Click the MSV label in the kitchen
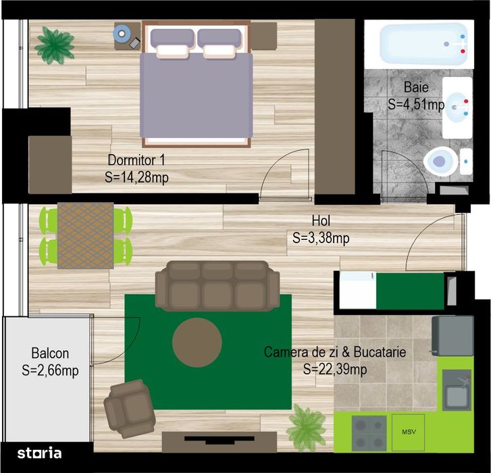407,432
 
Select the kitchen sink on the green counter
457,393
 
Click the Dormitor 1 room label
136,160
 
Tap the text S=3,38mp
321,238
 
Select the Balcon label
50,353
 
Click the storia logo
39,453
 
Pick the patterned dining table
85,235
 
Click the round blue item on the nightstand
122,32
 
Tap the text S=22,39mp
335,369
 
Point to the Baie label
416,87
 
